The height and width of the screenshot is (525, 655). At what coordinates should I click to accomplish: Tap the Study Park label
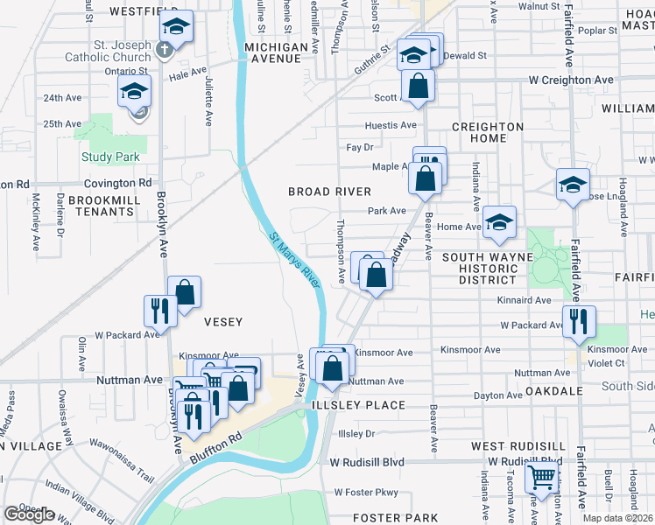pos(110,157)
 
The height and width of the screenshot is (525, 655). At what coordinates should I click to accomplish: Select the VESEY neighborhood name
pos(222,322)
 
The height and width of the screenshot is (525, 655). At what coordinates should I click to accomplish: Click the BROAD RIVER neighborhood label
pos(330,192)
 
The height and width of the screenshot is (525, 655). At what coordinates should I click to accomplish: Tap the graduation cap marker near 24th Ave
pos(135,91)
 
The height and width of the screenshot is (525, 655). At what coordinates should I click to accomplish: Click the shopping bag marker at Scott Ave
pos(419,86)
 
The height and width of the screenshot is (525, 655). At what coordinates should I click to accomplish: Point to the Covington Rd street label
pos(118,184)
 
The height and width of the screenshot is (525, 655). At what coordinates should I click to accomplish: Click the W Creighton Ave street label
pos(571,80)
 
